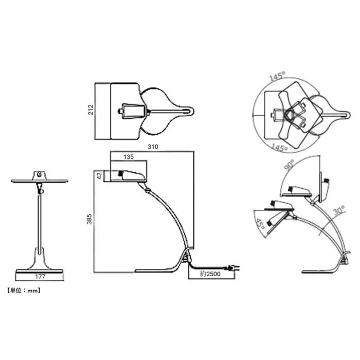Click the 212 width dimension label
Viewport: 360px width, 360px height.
click(x=91, y=110)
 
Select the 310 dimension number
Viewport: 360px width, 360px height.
click(x=153, y=147)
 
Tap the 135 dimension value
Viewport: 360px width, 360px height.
click(x=129, y=157)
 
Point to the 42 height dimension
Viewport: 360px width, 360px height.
click(x=100, y=176)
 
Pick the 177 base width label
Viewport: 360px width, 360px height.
click(x=40, y=277)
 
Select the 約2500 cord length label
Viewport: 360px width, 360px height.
click(x=210, y=274)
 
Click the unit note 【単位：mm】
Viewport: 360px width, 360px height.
click(x=24, y=291)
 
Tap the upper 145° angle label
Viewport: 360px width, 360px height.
click(x=277, y=76)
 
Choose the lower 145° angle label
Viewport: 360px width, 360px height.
click(x=279, y=148)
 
